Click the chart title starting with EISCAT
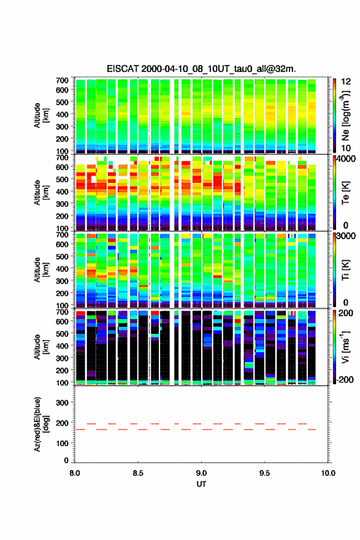click(x=201, y=69)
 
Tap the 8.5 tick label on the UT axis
click(x=138, y=473)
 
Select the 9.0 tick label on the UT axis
click(x=201, y=473)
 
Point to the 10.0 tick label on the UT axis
click(x=328, y=473)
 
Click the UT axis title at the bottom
click(x=201, y=484)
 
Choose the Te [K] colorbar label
click(x=345, y=193)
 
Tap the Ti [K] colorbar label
click(x=345, y=270)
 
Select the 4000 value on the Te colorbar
click(x=346, y=160)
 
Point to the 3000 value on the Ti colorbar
click(x=346, y=236)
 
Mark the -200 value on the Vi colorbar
click(x=344, y=379)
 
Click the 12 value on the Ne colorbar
click(x=346, y=82)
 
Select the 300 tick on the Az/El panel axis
click(x=63, y=403)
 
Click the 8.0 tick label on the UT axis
click(x=75, y=473)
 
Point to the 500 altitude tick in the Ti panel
click(x=63, y=256)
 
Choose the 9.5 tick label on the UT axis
click(x=265, y=473)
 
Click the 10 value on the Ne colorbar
click(x=346, y=148)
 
